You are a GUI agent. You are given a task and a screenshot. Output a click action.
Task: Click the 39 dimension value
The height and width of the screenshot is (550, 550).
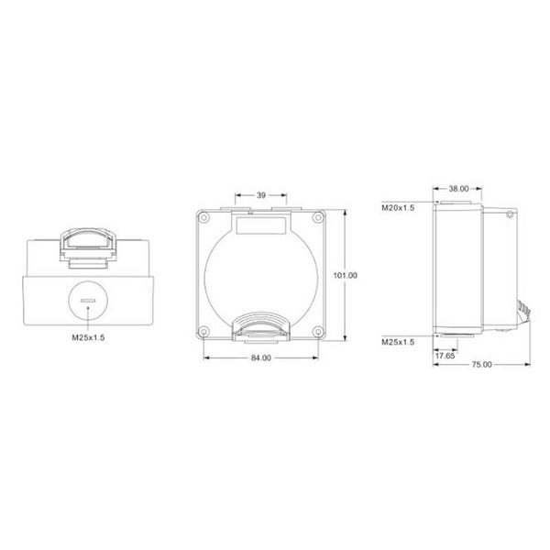(261, 195)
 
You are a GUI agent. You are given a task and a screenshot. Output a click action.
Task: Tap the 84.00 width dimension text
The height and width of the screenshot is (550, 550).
(260, 357)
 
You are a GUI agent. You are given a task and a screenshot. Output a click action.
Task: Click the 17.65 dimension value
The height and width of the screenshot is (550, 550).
(445, 354)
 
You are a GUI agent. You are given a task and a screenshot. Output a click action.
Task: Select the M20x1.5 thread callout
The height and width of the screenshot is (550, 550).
(398, 208)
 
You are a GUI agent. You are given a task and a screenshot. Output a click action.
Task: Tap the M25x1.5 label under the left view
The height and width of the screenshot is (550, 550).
(89, 337)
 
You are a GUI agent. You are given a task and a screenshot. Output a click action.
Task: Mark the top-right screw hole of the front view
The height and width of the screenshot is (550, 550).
(317, 218)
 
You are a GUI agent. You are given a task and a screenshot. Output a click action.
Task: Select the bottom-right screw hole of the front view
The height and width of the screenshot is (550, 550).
(317, 331)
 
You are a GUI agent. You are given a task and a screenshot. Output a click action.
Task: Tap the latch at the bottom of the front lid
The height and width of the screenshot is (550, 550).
(261, 324)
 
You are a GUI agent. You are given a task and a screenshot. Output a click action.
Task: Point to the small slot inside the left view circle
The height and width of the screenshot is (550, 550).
(89, 299)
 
